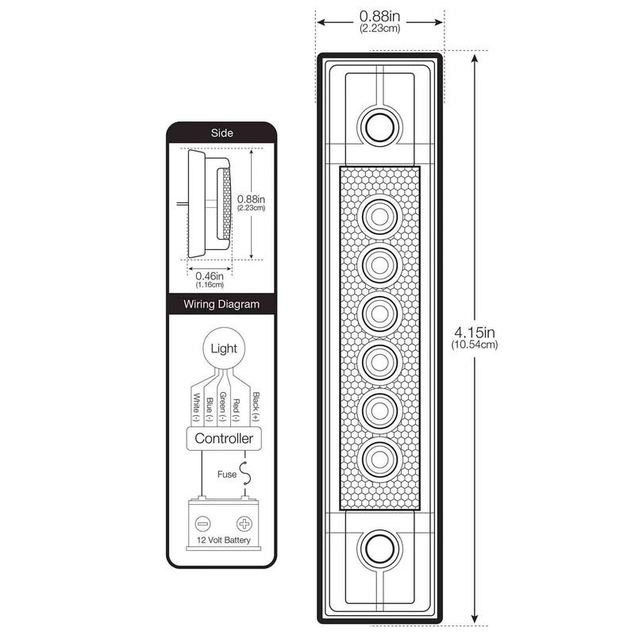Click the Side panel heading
coord(222,133)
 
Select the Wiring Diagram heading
coord(222,303)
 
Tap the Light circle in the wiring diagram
coord(223,348)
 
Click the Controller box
coord(224,438)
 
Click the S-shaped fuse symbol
coord(248,474)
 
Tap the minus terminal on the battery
coord(203,525)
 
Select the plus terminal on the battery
coord(243,525)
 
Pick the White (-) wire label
coord(195,407)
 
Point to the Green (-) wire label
coord(223,407)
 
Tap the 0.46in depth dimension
coord(204,279)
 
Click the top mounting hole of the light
coord(379,124)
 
